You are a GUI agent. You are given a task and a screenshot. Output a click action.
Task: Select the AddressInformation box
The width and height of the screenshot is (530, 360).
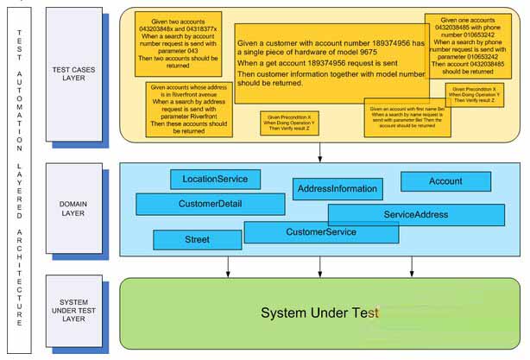pyautogui.click(x=337, y=188)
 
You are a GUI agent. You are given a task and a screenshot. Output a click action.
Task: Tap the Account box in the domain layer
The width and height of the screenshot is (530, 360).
pyautogui.click(x=445, y=181)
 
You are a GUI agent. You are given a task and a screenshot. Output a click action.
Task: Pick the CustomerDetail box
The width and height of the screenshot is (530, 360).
pyautogui.click(x=210, y=204)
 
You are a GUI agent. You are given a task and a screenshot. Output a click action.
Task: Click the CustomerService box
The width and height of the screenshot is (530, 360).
pyautogui.click(x=320, y=231)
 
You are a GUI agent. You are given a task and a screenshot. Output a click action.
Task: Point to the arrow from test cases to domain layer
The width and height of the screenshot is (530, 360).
pyautogui.click(x=320, y=150)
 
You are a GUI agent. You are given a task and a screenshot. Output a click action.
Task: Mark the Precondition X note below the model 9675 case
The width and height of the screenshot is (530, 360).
pyautogui.click(x=286, y=123)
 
